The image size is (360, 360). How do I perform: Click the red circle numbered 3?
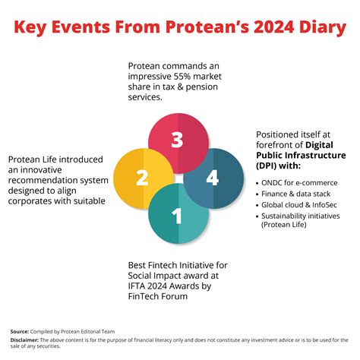click(177, 140)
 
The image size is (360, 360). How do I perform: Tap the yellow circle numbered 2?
click(141, 178)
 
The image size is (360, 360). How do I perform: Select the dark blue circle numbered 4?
click(213, 179)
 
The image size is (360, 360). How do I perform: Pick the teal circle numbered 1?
click(177, 217)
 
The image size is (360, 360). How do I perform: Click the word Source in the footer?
click(19, 332)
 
